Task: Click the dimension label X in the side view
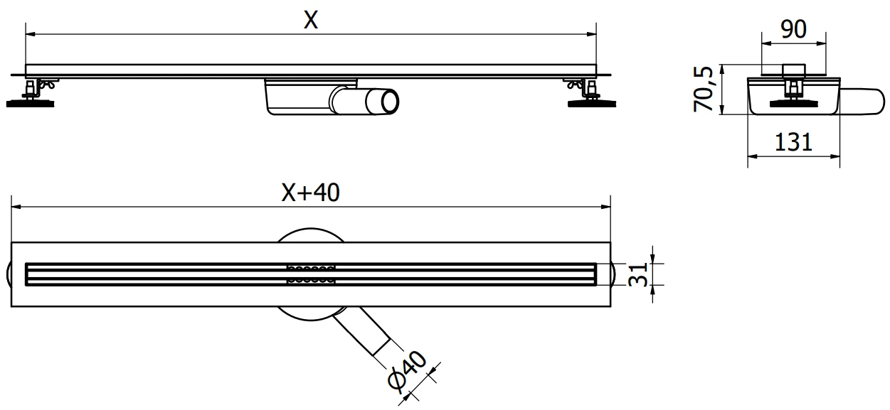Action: coord(310,21)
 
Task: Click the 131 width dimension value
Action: coord(793,142)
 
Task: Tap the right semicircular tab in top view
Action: coord(615,274)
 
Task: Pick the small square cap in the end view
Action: coord(793,70)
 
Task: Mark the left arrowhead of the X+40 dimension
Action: coord(15,207)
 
